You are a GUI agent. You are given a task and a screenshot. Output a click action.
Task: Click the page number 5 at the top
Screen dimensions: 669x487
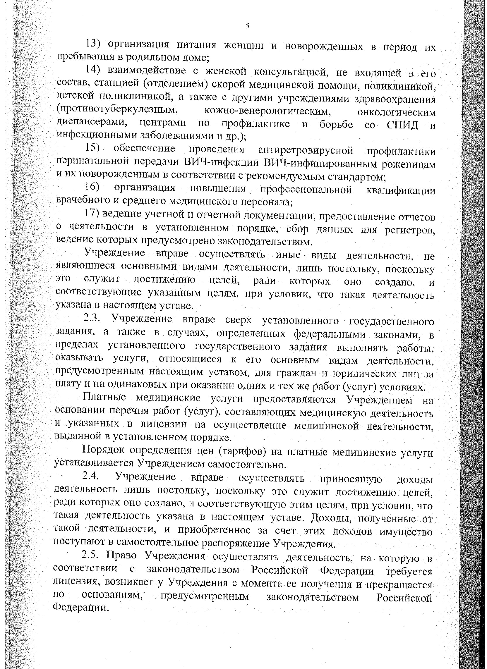pyautogui.click(x=247, y=26)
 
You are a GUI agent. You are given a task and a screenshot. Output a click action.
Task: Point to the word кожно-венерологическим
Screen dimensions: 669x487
pyautogui.click(x=267, y=111)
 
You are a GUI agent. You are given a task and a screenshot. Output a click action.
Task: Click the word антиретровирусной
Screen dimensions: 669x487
pyautogui.click(x=306, y=150)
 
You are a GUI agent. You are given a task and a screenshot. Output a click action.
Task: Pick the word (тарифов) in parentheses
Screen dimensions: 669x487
pyautogui.click(x=243, y=452)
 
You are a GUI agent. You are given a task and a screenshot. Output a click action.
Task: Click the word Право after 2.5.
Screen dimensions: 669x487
pyautogui.click(x=121, y=556)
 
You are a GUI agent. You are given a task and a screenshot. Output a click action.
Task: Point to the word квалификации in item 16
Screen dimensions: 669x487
pyautogui.click(x=401, y=190)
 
